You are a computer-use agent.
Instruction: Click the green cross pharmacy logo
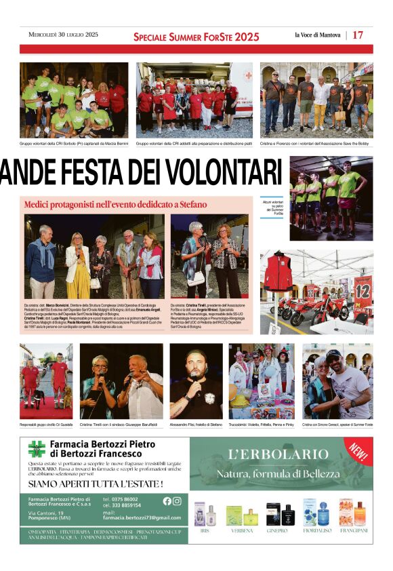[37, 449]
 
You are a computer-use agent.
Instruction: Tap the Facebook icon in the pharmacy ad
[167, 501]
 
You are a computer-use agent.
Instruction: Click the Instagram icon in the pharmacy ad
[177, 501]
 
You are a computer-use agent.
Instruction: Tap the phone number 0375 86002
[125, 499]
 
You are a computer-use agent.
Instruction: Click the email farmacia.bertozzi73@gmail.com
[142, 517]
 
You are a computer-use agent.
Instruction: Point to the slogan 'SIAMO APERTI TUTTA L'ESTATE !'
[96, 484]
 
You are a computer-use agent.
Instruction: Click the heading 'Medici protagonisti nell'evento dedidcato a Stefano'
[115, 204]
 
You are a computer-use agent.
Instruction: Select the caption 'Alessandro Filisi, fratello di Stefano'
[196, 425]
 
